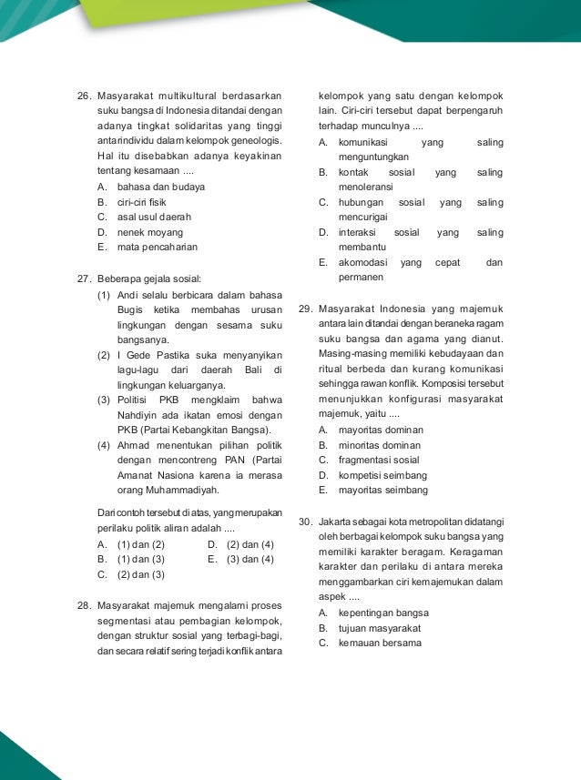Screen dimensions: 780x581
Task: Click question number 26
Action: (83, 95)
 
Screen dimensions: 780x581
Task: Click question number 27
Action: (83, 279)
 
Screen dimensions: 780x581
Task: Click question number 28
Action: (83, 605)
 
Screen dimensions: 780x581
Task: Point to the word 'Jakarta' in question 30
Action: (337, 522)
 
